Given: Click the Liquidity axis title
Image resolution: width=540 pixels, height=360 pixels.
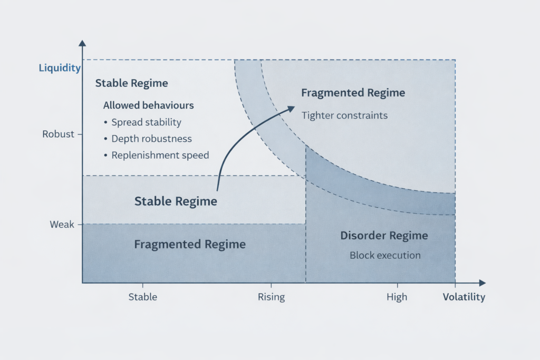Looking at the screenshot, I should point(60,68).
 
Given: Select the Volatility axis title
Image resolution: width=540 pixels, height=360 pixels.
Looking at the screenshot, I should point(464,297).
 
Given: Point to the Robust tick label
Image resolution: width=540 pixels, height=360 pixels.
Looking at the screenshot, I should point(58,134).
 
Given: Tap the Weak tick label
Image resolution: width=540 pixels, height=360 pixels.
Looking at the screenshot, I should point(62,225).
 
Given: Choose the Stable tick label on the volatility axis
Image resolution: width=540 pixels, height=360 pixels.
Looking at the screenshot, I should point(143,297).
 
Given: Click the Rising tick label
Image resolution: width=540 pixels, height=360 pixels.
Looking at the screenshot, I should point(271,297).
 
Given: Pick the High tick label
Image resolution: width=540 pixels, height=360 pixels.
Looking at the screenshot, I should point(397,297).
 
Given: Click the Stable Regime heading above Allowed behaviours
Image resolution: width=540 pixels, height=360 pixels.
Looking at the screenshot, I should point(131,83).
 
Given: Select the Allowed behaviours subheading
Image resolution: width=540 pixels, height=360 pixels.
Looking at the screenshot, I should point(148,105).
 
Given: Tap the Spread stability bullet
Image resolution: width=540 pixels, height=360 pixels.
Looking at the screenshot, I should point(146,122).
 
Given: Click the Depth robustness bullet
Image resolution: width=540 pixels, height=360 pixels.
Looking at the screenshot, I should point(151,139).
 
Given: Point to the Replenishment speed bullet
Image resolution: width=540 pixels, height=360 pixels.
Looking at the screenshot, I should point(160,155).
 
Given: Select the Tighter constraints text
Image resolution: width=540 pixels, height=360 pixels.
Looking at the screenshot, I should point(344,115).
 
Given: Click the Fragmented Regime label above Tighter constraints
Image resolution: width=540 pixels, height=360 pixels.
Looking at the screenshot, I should point(353,93).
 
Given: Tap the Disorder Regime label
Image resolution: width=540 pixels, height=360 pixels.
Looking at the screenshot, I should point(384,236).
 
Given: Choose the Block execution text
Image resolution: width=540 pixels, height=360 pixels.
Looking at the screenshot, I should point(385,256).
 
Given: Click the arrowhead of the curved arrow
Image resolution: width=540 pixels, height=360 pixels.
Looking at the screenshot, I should point(291,108).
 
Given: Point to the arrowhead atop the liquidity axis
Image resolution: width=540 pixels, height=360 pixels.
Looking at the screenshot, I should point(82,43).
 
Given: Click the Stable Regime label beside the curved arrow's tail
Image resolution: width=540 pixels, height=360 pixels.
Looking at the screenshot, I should point(176,201).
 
